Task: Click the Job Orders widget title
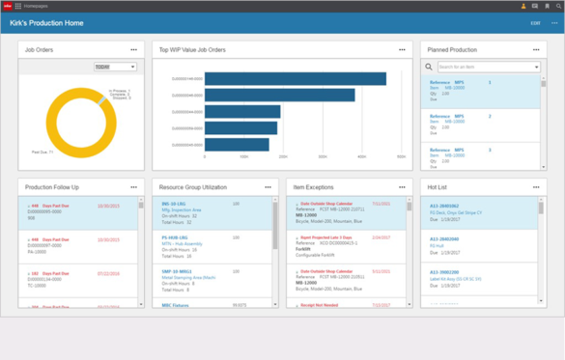coord(41,49)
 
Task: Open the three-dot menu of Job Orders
coord(133,49)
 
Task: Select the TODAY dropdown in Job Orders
coord(115,67)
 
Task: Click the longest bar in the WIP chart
coord(296,79)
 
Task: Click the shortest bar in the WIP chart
coord(237,145)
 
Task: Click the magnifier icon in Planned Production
coord(429,68)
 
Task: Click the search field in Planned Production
coord(488,68)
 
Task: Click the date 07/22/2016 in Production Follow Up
coord(108,274)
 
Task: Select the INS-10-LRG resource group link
coord(175,205)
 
